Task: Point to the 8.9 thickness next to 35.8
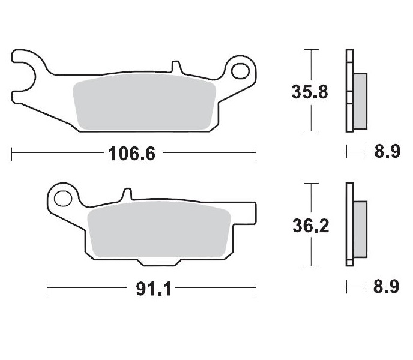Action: [387, 153]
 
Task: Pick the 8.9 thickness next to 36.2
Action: [387, 287]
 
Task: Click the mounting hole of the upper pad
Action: [241, 71]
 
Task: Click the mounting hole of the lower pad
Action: [62, 197]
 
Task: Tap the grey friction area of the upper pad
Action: [144, 104]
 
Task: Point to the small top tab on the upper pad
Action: [175, 65]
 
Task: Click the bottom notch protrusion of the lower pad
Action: [160, 262]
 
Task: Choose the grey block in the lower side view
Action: [360, 227]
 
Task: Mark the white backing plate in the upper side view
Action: [349, 90]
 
